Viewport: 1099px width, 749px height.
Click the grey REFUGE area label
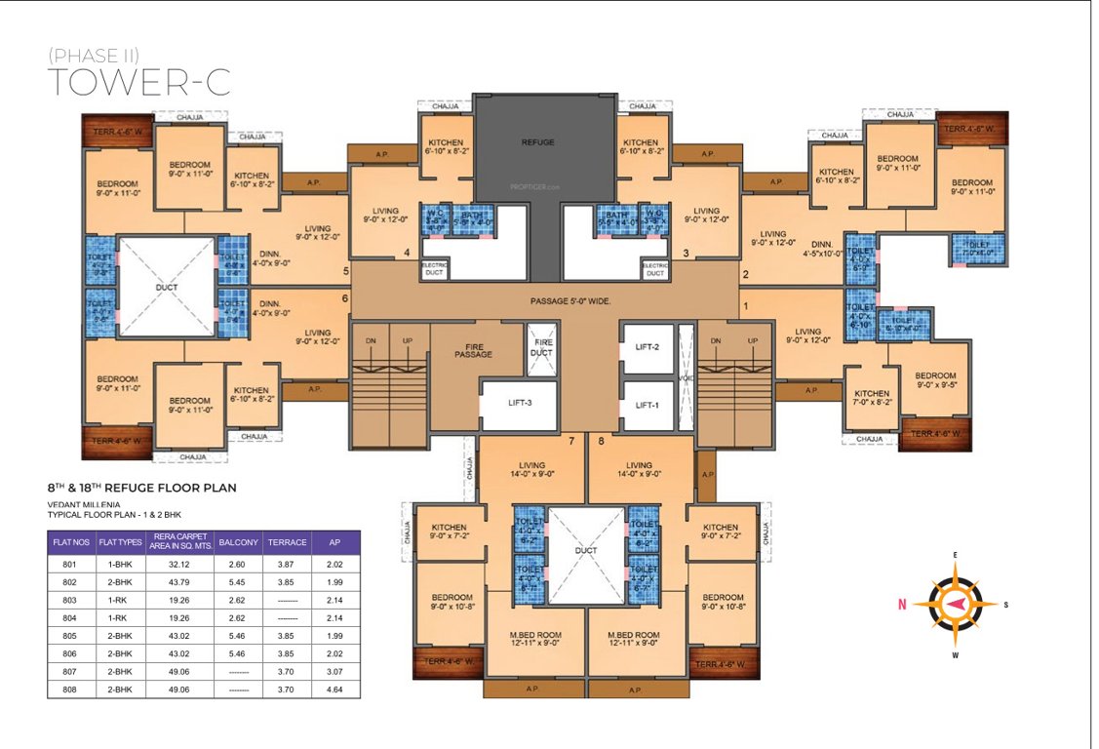(537, 142)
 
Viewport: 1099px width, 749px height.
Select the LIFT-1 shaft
(648, 405)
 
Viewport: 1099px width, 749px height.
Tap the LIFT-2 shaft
(648, 347)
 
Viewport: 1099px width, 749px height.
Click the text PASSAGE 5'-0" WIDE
(570, 301)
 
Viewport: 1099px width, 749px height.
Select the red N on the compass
(902, 605)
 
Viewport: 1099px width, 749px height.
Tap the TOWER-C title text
(138, 83)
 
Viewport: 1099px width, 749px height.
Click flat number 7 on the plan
(572, 442)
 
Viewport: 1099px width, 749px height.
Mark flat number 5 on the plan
(345, 272)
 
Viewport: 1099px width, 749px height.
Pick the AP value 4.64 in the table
(336, 689)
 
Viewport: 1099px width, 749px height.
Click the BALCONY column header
(238, 542)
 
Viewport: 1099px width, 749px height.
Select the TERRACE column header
(288, 542)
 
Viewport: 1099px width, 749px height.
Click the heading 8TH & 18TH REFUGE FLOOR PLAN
(142, 487)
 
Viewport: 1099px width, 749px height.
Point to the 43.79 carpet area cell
(177, 581)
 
